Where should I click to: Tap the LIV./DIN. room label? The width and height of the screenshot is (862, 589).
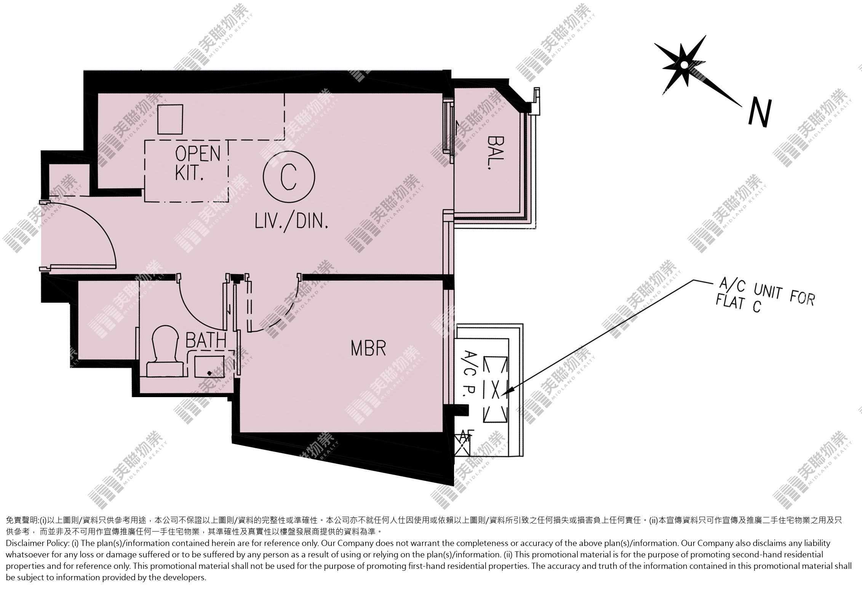tap(291, 221)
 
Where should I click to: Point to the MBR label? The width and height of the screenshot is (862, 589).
tap(368, 348)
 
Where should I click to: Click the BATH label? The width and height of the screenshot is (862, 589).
tap(206, 340)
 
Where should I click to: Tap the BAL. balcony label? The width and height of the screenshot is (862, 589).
tap(494, 152)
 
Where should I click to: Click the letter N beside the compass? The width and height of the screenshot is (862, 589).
tap(760, 113)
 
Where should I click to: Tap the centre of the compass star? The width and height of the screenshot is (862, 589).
tap(684, 65)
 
